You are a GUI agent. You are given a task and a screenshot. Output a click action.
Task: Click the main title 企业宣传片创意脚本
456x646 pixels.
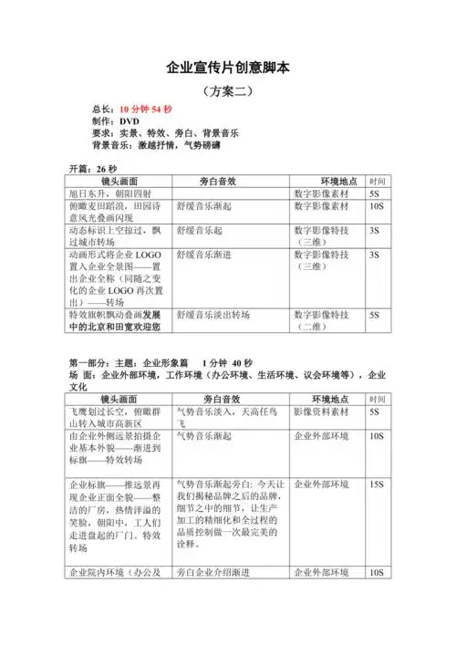tap(228, 68)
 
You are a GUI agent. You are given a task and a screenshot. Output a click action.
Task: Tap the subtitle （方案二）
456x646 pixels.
tap(228, 91)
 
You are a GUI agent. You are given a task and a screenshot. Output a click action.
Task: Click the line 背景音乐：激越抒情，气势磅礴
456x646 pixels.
tap(155, 145)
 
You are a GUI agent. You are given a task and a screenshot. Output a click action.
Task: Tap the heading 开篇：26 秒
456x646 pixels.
tap(94, 170)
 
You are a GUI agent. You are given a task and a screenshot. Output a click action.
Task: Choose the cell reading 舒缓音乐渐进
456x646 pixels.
tap(205, 255)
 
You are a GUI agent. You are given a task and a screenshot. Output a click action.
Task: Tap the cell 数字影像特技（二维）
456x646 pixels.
tap(323, 319)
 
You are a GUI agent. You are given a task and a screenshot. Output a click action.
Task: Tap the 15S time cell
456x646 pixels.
tap(376, 483)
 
